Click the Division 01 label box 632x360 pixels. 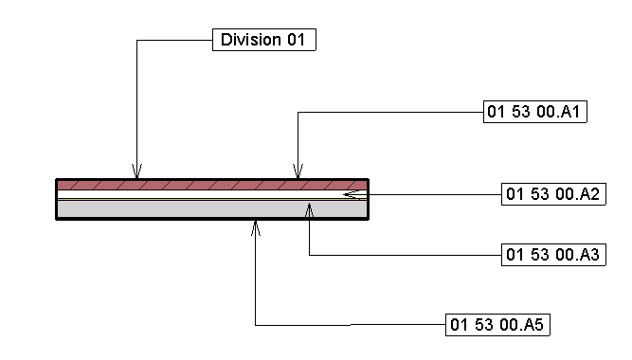262,40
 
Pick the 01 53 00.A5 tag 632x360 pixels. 498,325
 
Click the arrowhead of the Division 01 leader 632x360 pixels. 137,174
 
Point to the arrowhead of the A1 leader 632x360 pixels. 298,174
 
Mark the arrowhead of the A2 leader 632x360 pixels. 350,194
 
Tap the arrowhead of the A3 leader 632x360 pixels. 310,206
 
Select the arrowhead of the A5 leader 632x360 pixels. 256,225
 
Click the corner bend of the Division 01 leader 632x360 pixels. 137,40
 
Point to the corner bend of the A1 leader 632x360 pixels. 298,113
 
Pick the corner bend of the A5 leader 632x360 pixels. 256,325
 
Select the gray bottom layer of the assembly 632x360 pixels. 190,209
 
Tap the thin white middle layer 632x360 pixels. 190,194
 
